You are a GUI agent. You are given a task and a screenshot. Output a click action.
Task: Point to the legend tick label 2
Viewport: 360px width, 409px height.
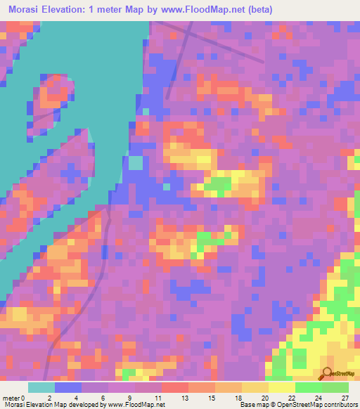(x=49, y=398)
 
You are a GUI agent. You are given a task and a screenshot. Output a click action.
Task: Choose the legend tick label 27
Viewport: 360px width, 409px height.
(x=344, y=398)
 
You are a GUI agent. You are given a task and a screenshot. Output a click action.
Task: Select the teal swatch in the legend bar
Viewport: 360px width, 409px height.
(x=41, y=387)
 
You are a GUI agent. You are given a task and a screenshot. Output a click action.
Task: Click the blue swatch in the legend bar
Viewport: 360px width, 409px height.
(x=68, y=387)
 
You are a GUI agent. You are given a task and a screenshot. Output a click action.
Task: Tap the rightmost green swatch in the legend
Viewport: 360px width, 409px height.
(x=335, y=387)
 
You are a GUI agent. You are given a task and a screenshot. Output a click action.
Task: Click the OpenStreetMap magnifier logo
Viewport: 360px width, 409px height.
(x=328, y=373)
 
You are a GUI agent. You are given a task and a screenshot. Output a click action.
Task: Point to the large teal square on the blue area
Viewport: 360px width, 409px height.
(x=135, y=162)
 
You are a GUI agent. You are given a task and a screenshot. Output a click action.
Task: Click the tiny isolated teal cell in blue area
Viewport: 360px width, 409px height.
(x=166, y=187)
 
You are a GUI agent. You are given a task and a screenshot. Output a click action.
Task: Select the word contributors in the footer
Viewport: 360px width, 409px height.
(x=338, y=405)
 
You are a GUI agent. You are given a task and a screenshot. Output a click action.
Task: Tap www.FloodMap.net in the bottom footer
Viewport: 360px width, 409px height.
(x=134, y=405)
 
